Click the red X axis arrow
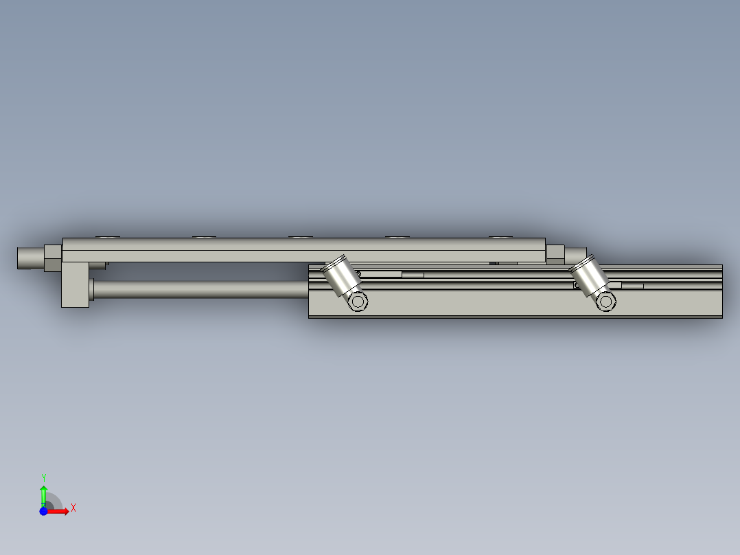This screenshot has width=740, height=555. coord(60,511)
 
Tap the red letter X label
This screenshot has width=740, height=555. coord(73,508)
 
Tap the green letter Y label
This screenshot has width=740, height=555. coord(43,477)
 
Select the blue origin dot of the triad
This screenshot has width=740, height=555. coord(44,511)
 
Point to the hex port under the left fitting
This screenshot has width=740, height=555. coord(357,302)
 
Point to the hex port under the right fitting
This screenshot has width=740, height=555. coord(605,302)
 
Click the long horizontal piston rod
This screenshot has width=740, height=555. coord(199,289)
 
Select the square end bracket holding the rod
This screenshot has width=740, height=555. coord(76,284)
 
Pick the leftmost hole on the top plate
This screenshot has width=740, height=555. coord(108,237)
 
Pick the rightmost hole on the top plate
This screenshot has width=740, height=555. coord(501,237)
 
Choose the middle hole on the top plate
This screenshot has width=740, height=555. coord(300,237)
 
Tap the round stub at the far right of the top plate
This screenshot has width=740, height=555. coord(576,255)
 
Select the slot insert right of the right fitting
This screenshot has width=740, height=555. coord(632,285)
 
